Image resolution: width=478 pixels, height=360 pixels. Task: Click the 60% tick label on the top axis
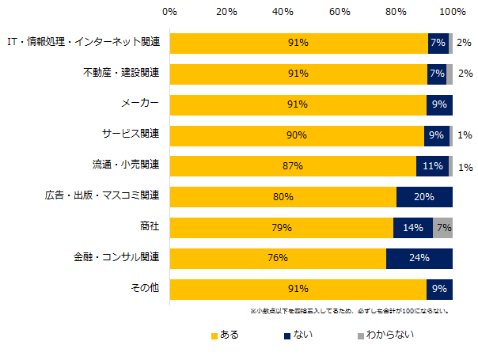coord(340,12)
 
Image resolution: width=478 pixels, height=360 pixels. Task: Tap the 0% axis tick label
coord(169,12)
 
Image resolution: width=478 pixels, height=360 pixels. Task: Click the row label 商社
coord(149,227)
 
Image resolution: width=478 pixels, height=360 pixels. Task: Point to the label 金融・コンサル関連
coord(116,258)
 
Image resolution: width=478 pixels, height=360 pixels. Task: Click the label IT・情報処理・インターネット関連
coord(83,43)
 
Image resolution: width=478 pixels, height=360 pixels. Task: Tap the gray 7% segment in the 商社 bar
coord(442,228)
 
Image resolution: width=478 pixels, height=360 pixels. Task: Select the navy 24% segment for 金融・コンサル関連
coord(419,259)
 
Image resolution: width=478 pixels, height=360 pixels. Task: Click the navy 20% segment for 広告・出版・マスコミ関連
coord(424,197)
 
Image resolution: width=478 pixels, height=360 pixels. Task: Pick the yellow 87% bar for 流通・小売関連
coord(293,166)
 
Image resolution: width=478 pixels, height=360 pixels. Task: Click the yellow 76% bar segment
coord(278,259)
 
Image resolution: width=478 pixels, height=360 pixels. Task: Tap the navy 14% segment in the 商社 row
coord(412,228)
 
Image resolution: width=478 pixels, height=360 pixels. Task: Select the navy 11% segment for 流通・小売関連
coord(432,166)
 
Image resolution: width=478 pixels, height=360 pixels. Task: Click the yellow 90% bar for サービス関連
coord(297,135)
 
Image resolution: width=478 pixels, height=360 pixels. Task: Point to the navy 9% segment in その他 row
coord(439,289)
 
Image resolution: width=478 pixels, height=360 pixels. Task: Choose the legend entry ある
coord(225,335)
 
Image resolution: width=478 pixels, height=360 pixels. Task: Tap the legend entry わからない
coord(384,335)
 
